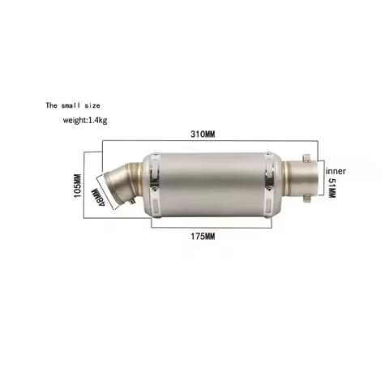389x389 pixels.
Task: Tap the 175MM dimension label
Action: tap(203, 236)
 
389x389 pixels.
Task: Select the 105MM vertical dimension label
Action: tap(78, 186)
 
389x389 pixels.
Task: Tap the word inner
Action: tap(336, 172)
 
